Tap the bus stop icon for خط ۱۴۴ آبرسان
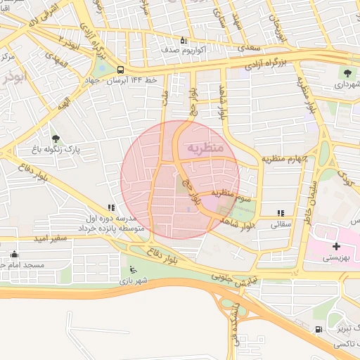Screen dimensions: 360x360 pyautogui.click(x=120, y=70)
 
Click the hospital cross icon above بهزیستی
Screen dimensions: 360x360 pyautogui.click(x=336, y=246)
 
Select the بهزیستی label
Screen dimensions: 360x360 pyautogui.click(x=336, y=258)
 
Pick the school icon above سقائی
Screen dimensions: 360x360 pyautogui.click(x=281, y=213)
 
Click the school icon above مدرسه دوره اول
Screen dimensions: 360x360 pyautogui.click(x=111, y=208)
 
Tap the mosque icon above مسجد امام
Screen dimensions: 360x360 pyautogui.click(x=14, y=255)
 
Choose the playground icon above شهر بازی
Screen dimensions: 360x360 pyautogui.click(x=134, y=269)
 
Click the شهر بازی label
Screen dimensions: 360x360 pyautogui.click(x=134, y=281)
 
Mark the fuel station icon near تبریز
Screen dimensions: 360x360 pyautogui.click(x=319, y=329)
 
